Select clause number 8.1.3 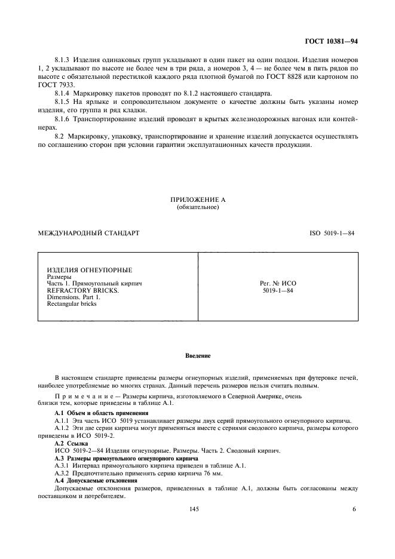pyautogui.click(x=62, y=61)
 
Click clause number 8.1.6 pyautogui.click(x=62, y=119)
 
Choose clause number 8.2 pyautogui.click(x=59, y=136)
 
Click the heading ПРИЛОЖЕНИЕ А pyautogui.click(x=198, y=200)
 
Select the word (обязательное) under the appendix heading pyautogui.click(x=198, y=208)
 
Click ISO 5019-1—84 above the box pyautogui.click(x=328, y=233)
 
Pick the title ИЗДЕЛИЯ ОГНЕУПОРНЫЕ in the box pyautogui.click(x=89, y=270)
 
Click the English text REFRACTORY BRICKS pyautogui.click(x=82, y=290)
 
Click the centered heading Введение pyautogui.click(x=197, y=357)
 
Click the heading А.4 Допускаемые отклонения pyautogui.click(x=96, y=480)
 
